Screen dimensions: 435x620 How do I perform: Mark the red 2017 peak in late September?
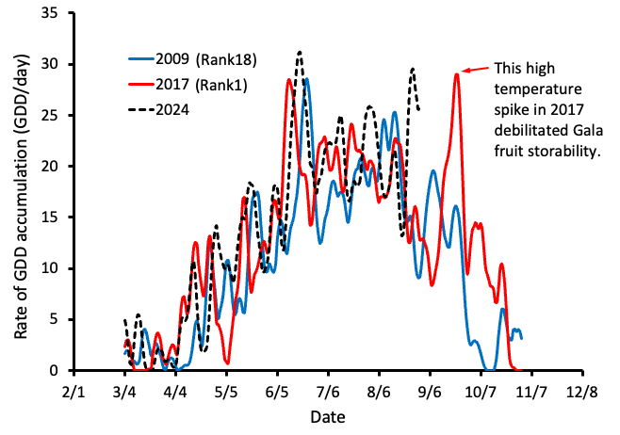457,74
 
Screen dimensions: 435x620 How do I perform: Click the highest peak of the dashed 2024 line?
300,53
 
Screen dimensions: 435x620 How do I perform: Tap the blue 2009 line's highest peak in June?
307,80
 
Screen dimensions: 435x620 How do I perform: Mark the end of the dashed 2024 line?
418,110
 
